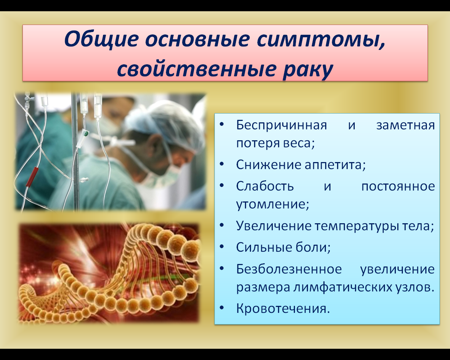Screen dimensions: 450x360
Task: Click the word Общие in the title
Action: [101, 39]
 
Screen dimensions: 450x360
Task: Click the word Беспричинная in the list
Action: [282, 125]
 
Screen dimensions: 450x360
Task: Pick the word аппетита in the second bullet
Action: [335, 165]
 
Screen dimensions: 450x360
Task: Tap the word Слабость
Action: [265, 186]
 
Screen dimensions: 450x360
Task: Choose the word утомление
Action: [272, 204]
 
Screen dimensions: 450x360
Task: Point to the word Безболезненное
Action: [289, 269]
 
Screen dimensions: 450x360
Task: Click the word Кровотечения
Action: [283, 309]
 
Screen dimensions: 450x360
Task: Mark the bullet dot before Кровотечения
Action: [222, 308]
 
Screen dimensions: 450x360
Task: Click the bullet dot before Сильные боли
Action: [222, 246]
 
